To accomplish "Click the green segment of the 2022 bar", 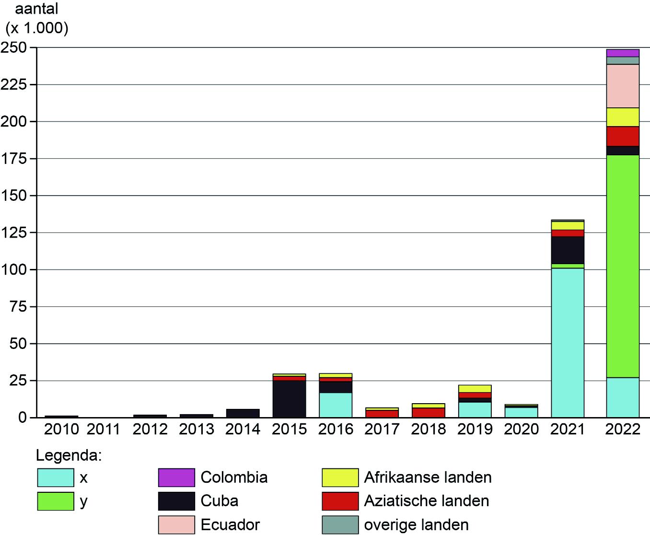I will coord(622,266).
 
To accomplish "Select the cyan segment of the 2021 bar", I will coord(568,342).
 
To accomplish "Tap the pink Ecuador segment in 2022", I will coord(622,86).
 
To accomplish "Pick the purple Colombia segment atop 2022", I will coord(622,53).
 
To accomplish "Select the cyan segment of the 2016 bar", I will coord(336,405).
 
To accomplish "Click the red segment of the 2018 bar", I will coord(429,412).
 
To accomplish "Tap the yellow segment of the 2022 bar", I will coord(622,117).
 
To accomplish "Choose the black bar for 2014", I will coord(243,413).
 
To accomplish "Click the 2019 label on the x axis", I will coord(475,429).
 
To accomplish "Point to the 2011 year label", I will coord(104,429).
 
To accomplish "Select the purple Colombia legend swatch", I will coord(176,477).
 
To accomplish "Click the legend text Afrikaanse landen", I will coord(428,477).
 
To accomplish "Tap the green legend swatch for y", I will coord(56,501).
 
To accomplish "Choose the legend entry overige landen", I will coord(416,524).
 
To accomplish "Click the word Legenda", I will coord(70,455).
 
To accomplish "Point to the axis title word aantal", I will coord(37,10).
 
